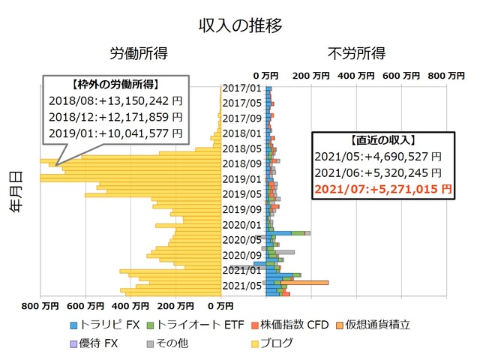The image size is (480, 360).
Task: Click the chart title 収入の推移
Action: coord(240,25)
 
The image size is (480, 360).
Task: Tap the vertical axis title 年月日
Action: coord(16,193)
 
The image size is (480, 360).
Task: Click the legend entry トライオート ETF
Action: coord(199,325)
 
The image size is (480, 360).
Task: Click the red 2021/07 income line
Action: coord(383,190)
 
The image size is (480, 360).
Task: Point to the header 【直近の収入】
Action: coord(383,140)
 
